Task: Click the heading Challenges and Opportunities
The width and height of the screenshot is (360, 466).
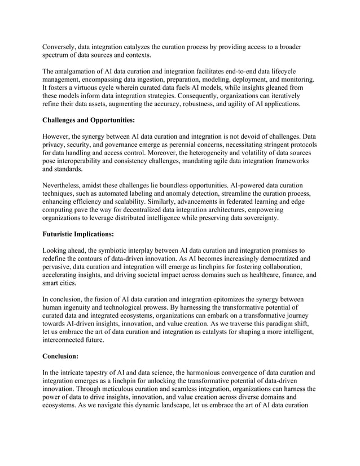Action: [x=89, y=120]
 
